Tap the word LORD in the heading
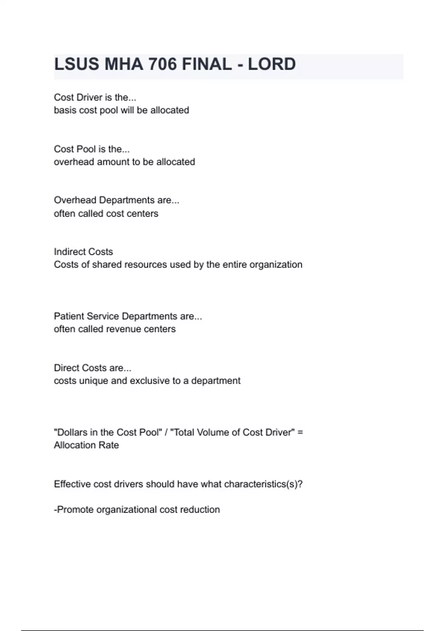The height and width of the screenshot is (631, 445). pyautogui.click(x=271, y=64)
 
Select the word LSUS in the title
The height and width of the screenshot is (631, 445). pyautogui.click(x=77, y=64)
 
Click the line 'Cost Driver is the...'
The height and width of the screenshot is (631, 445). pyautogui.click(x=95, y=97)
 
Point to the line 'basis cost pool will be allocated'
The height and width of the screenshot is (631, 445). pyautogui.click(x=121, y=110)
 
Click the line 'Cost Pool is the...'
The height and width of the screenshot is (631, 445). pyautogui.click(x=92, y=149)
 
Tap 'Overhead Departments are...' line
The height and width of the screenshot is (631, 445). pyautogui.click(x=116, y=200)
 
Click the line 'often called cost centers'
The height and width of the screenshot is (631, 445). pyautogui.click(x=106, y=213)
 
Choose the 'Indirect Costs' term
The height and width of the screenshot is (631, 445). pyautogui.click(x=83, y=252)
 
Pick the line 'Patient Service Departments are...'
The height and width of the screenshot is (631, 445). pyautogui.click(x=128, y=316)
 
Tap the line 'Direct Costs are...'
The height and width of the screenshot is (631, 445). pyautogui.click(x=93, y=368)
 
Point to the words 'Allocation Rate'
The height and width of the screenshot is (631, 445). pyautogui.click(x=86, y=445)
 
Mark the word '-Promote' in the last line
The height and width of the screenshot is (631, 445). pyautogui.click(x=74, y=510)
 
